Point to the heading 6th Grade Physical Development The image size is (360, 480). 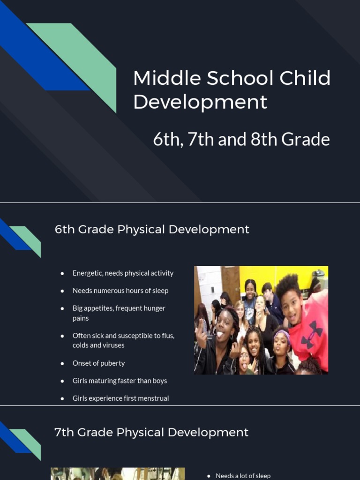152,229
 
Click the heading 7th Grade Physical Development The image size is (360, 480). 151,432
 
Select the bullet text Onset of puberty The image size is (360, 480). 98,363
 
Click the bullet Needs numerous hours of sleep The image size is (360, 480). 120,291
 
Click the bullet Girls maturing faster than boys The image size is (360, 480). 120,381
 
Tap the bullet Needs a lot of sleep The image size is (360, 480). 243,475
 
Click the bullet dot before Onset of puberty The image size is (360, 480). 62,363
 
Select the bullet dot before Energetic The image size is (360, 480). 62,273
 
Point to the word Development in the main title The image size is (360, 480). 200,102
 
